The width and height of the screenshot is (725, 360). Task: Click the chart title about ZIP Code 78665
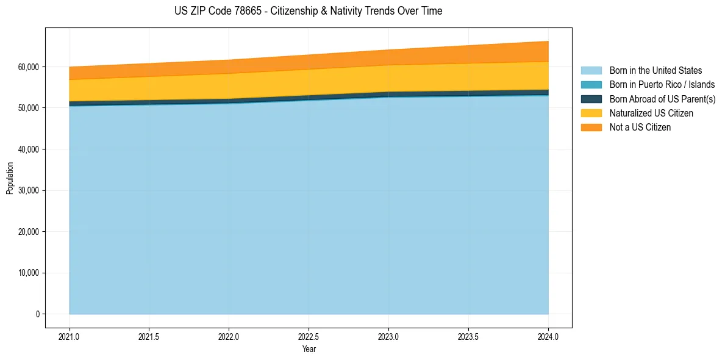[309, 11]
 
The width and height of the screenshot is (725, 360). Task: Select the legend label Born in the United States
[655, 71]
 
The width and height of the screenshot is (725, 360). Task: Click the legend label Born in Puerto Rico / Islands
[662, 85]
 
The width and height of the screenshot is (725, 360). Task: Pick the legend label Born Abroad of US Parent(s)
[662, 99]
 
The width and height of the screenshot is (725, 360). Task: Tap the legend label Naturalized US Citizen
[651, 113]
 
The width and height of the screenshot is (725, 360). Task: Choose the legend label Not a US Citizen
[640, 128]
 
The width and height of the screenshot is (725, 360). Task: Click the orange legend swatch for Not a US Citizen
[591, 128]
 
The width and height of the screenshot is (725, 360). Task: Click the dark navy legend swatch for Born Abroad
[591, 99]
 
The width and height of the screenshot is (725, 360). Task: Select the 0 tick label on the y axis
[37, 314]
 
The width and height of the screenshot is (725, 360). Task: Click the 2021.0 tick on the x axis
[70, 336]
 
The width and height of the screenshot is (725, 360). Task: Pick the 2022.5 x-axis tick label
[309, 336]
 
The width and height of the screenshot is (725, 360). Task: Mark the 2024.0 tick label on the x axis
[548, 336]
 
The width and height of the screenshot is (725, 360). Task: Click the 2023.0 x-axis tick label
[388, 336]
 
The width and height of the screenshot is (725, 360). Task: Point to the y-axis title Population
[10, 178]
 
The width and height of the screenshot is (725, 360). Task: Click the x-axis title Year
[309, 349]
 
